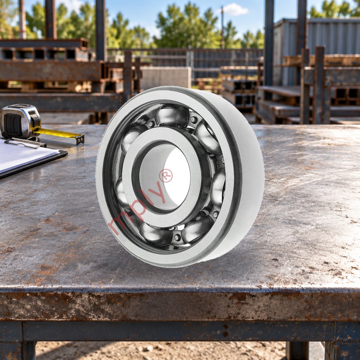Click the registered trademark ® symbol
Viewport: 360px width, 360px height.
point(166,175)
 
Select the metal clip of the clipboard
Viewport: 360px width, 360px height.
point(25,142)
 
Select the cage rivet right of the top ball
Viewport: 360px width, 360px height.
point(194,120)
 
